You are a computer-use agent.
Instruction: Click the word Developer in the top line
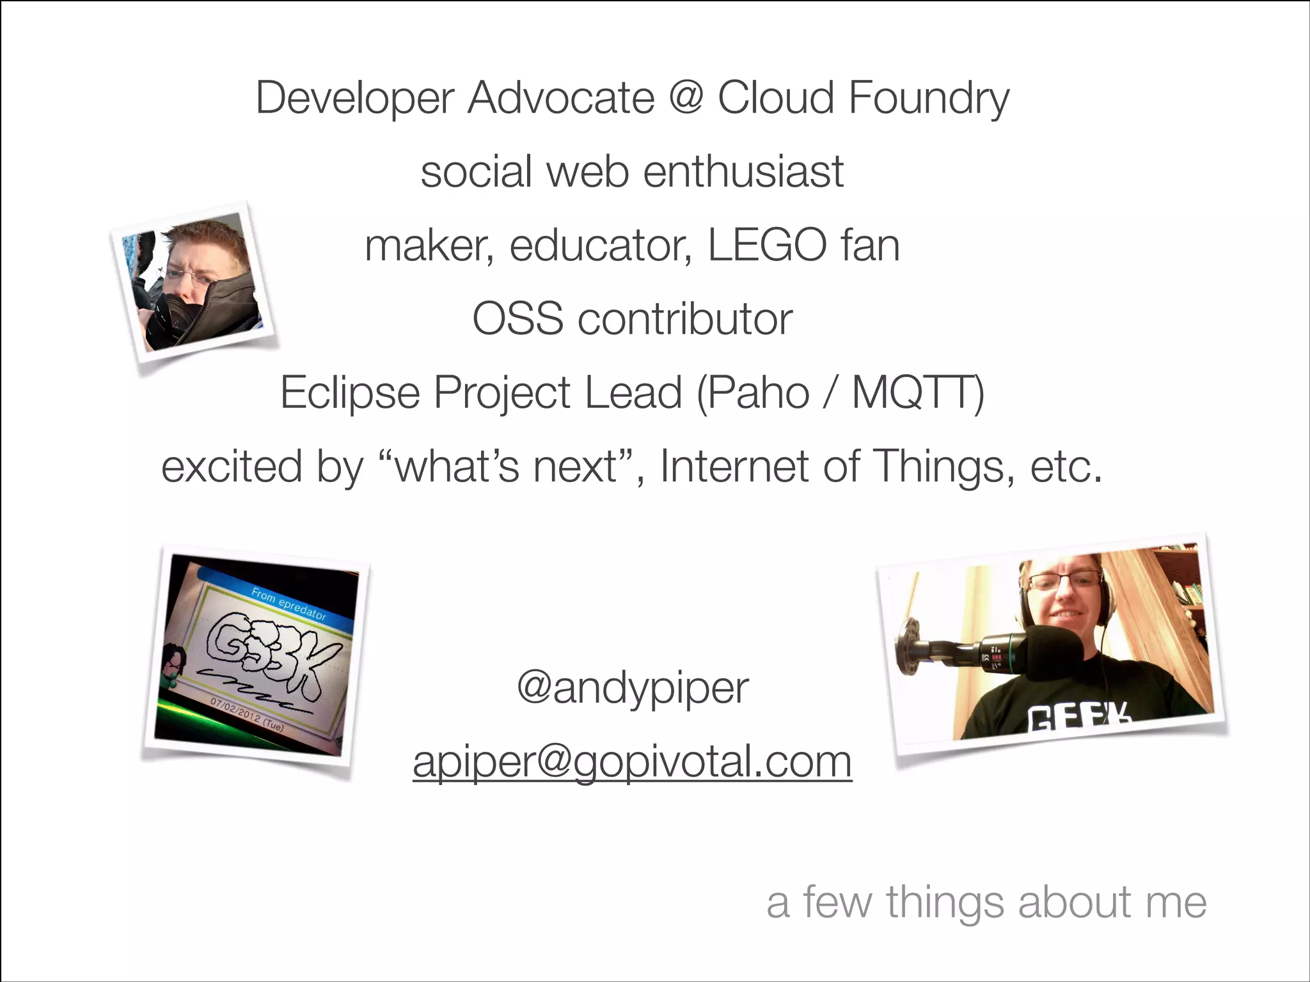coord(354,98)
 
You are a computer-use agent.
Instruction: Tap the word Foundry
coord(928,98)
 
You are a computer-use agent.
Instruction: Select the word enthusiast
coord(743,172)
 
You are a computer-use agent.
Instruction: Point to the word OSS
coord(517,319)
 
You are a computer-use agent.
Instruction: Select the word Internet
coord(734,466)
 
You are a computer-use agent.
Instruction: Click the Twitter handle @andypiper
coord(632,689)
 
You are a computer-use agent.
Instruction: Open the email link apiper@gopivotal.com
coord(632,762)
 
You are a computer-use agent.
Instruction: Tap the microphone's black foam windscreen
coord(1054,652)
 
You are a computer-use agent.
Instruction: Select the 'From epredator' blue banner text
coord(288,604)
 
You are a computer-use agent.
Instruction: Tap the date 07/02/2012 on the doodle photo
coord(235,711)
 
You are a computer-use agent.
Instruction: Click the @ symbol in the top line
coord(686,98)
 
